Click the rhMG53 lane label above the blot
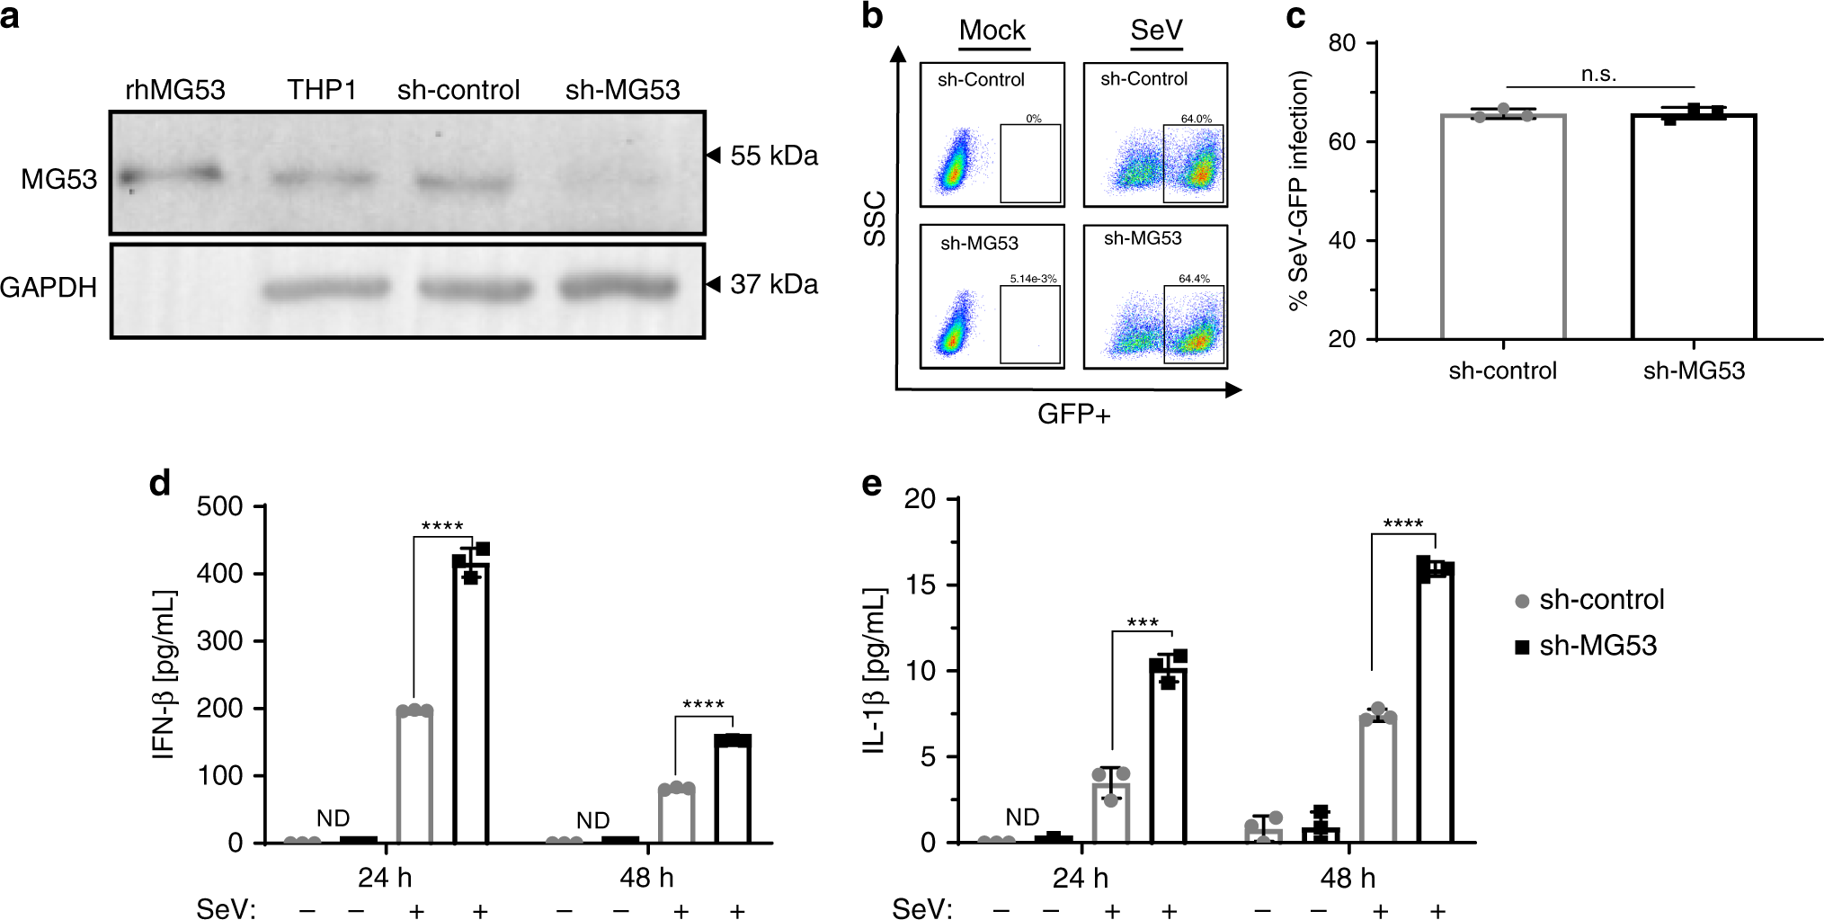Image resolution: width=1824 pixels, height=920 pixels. click(175, 90)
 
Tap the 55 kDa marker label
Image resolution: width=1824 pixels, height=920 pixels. click(773, 156)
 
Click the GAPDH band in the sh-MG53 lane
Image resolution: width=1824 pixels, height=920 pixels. click(618, 288)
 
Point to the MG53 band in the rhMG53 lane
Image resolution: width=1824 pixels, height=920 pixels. click(171, 174)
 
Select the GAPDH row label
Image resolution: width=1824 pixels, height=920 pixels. click(49, 288)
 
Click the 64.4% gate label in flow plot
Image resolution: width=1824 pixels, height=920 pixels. click(1194, 279)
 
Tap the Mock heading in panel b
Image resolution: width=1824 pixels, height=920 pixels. click(992, 31)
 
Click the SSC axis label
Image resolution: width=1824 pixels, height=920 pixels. click(875, 219)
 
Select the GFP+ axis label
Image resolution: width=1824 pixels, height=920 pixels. click(1073, 415)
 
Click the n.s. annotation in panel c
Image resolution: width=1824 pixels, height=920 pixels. click(1598, 75)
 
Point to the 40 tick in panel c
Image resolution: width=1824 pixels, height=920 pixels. click(1341, 241)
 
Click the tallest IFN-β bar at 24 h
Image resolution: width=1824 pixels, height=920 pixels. click(471, 701)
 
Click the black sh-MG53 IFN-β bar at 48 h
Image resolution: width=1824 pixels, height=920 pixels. click(733, 791)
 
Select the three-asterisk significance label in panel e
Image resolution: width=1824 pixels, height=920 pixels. click(1142, 622)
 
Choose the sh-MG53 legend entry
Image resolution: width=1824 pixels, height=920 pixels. click(1587, 646)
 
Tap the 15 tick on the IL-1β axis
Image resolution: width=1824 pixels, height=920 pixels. click(921, 585)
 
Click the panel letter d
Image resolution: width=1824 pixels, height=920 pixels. click(160, 484)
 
